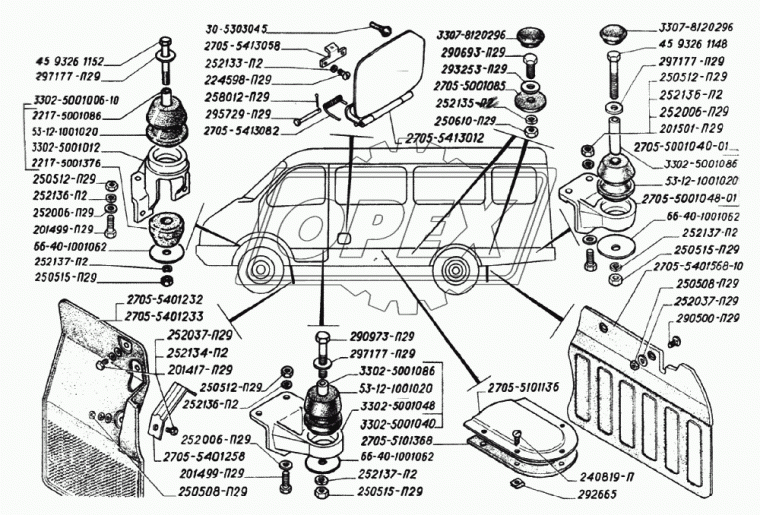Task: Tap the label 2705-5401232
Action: coord(165,299)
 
